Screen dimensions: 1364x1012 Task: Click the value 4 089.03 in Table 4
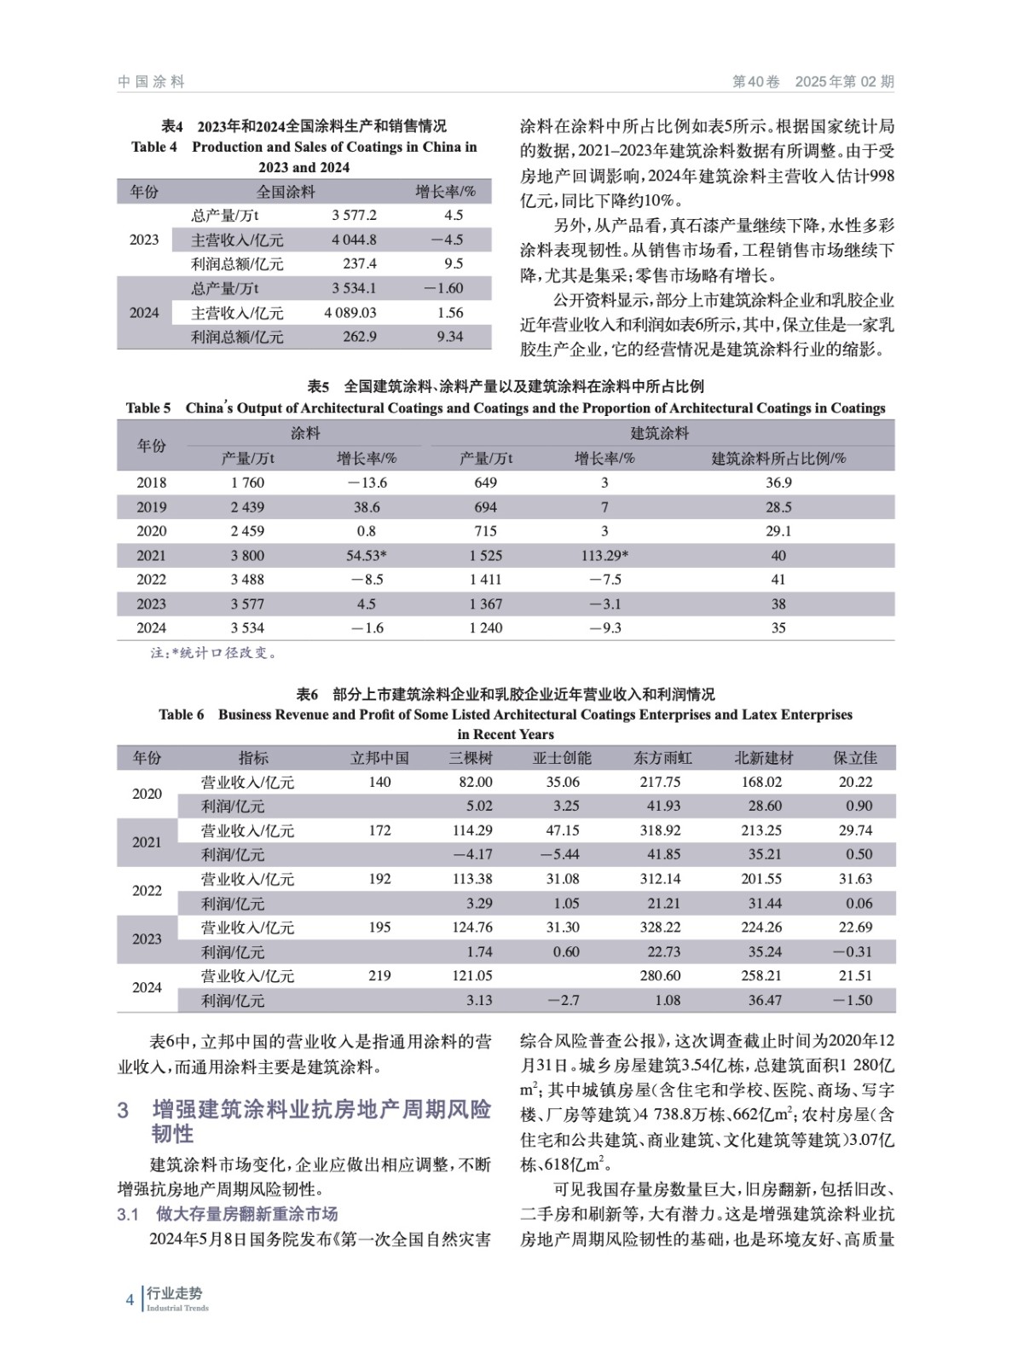(350, 313)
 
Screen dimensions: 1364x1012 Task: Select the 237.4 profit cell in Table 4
(354, 264)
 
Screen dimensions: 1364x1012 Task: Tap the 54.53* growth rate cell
(367, 556)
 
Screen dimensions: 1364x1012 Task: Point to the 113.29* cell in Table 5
(604, 556)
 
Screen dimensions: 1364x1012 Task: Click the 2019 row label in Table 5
(152, 507)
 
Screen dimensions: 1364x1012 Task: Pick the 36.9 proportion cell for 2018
(778, 483)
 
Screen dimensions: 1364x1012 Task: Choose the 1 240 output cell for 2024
(485, 628)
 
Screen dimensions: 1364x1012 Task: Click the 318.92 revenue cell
(660, 830)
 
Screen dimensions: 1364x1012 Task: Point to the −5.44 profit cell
(559, 854)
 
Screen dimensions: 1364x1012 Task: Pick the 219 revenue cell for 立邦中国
(379, 976)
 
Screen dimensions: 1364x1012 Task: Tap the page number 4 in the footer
(130, 1300)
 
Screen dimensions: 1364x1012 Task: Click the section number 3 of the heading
(124, 1110)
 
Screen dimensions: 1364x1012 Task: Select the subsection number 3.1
(128, 1214)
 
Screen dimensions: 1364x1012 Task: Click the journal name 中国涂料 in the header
(151, 82)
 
